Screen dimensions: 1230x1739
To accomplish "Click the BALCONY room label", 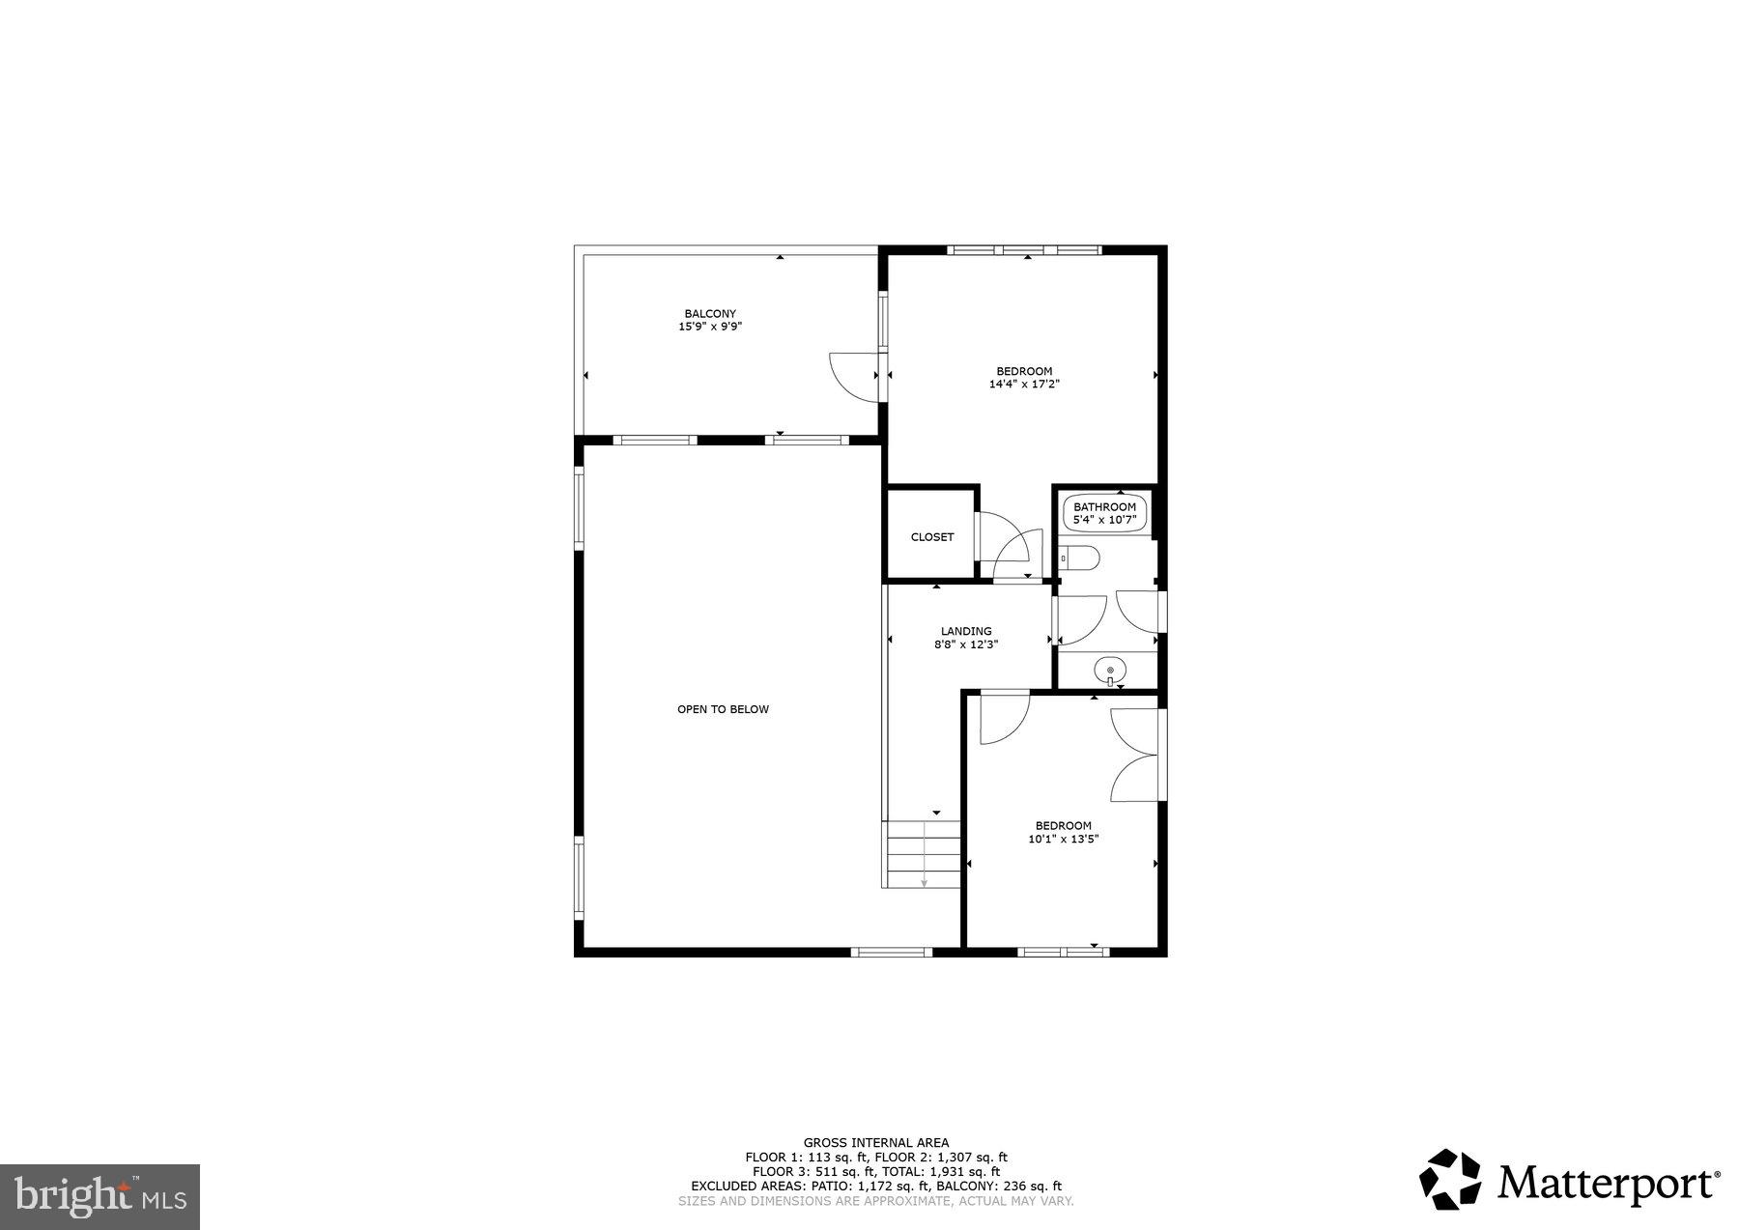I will coord(710,313).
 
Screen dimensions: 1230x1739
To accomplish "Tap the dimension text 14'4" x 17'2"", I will coord(1024,384).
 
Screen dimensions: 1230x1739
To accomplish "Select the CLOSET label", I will coord(932,537).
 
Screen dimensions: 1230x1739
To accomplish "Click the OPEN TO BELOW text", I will coord(723,709).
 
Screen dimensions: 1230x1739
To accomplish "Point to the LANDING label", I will coord(966,631).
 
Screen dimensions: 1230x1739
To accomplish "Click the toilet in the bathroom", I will coord(1080,558).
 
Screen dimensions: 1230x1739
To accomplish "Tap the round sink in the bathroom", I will coord(1110,669).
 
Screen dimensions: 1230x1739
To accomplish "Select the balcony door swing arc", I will coord(852,376).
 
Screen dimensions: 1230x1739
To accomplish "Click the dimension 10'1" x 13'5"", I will coord(1063,839).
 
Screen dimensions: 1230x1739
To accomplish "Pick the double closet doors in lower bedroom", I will coord(1137,755).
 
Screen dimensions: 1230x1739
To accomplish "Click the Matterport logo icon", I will coord(1449,1179).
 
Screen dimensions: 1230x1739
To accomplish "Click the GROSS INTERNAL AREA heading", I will coord(875,1142).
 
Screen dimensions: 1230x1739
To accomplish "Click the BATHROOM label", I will coord(1104,507).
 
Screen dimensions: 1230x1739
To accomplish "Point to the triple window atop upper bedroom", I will coord(1024,250).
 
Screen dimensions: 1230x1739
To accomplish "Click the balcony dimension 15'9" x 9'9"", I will coord(710,327).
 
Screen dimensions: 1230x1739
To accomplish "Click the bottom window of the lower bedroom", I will coord(1063,952).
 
